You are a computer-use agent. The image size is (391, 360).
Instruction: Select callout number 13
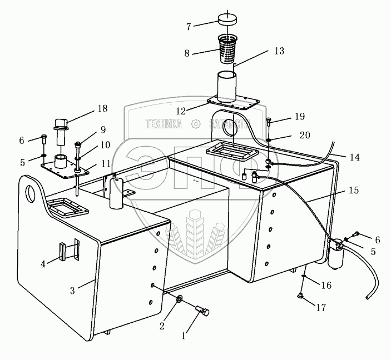[279, 51]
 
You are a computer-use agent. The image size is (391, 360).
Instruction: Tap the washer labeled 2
[180, 301]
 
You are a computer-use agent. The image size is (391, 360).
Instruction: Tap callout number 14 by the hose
[354, 157]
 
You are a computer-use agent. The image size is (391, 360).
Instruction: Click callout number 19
[300, 117]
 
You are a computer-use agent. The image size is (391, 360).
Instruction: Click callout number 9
[103, 130]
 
